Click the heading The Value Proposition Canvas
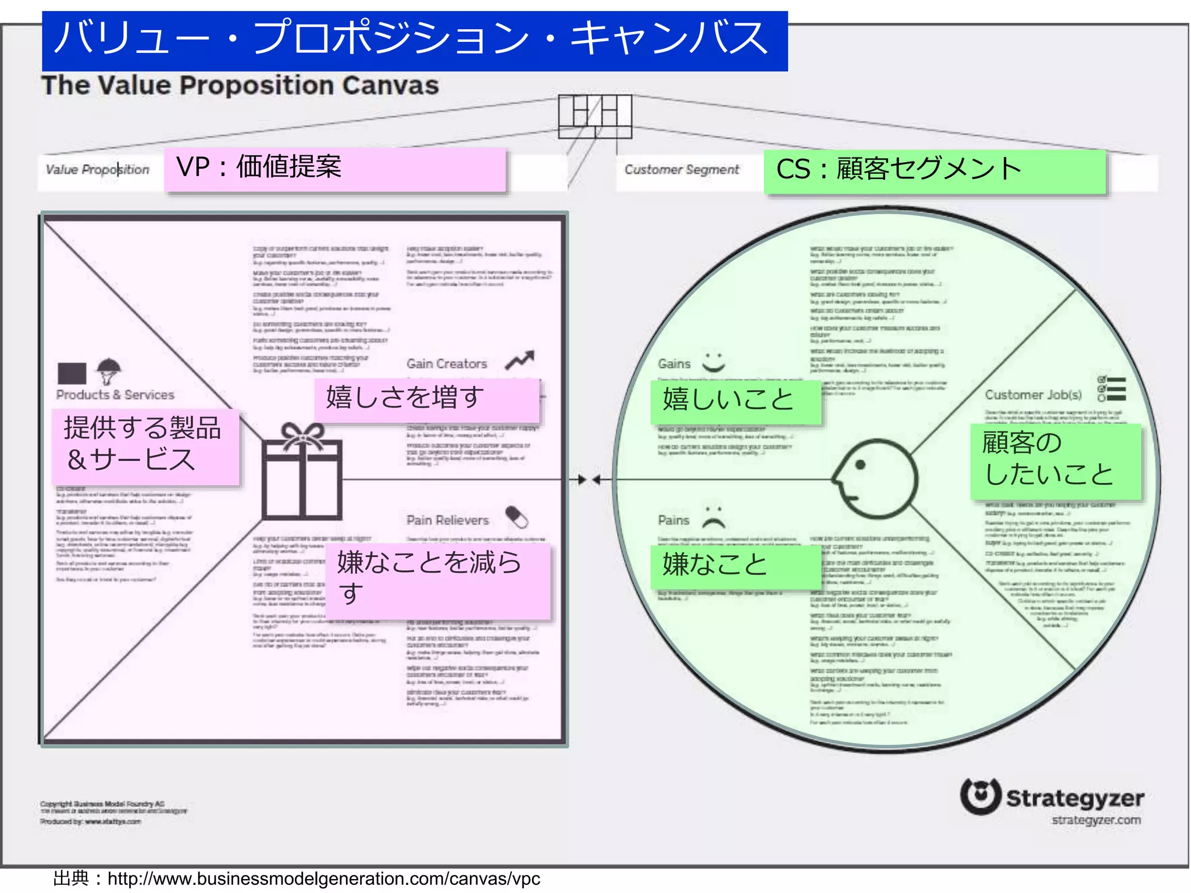[240, 85]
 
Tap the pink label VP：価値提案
[334, 169]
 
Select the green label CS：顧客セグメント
[934, 170]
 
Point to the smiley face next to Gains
[714, 362]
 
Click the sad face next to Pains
[714, 517]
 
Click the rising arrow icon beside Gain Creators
[519, 360]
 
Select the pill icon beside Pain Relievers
[516, 517]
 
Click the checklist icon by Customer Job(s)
[1111, 389]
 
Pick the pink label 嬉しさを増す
[426, 399]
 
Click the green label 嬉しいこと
[735, 401]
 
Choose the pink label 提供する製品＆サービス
[145, 446]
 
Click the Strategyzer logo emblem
[980, 796]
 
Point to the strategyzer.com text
[1096, 820]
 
